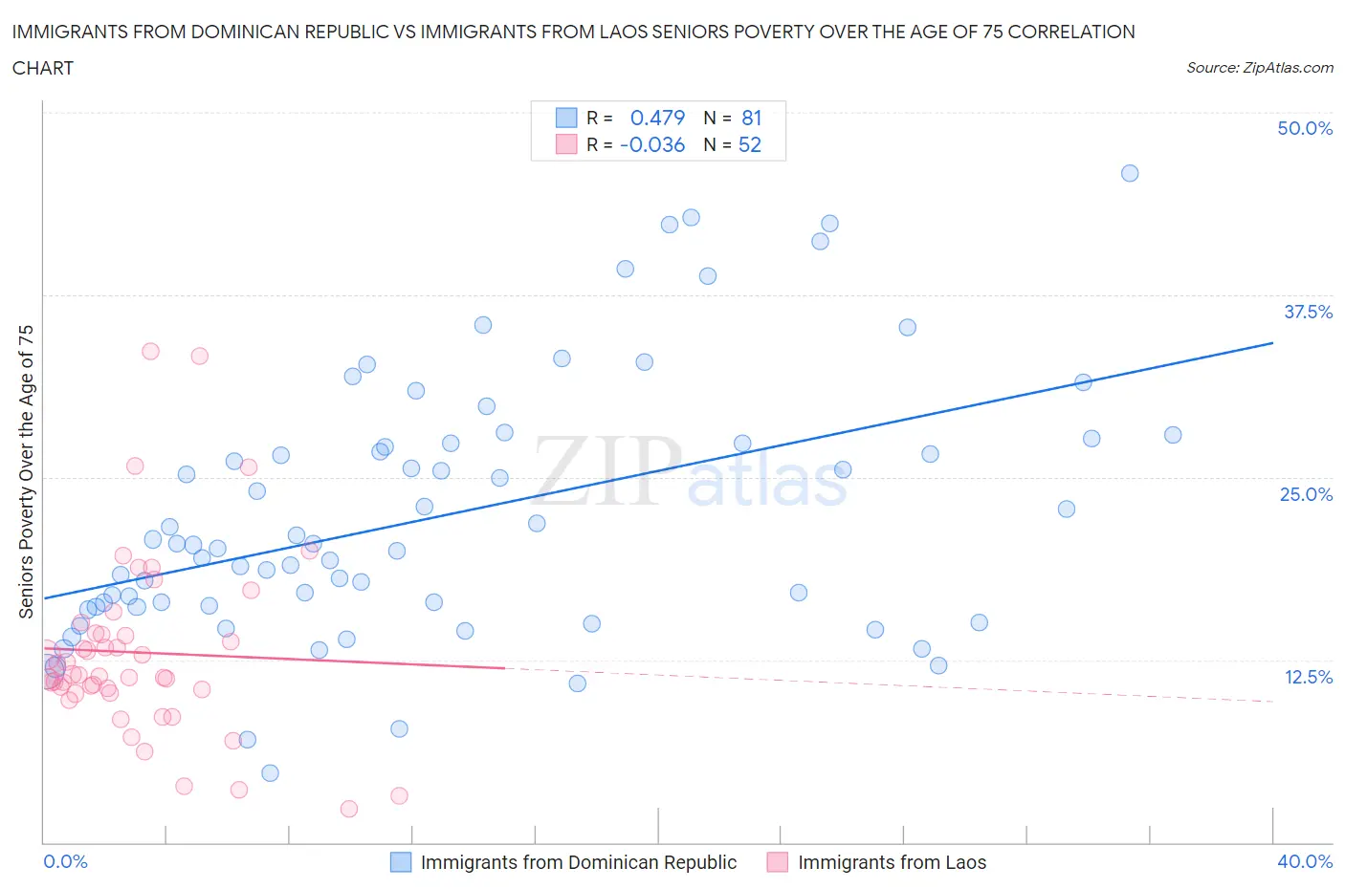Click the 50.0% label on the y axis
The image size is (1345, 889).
[1305, 128]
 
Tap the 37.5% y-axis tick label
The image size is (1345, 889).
[1308, 312]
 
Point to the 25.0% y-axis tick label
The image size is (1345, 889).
[1306, 494]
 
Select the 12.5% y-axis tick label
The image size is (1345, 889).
[1308, 677]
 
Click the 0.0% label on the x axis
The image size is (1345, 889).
[65, 861]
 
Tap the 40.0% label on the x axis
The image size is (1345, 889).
[1305, 861]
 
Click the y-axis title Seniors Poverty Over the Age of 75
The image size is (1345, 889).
[26, 471]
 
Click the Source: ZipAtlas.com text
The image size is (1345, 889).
[1259, 68]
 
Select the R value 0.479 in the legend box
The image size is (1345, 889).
[657, 118]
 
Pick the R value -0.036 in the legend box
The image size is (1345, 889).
[652, 144]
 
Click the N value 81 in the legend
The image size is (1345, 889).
[751, 118]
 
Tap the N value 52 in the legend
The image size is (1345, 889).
[750, 144]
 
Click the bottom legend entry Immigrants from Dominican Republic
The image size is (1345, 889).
[578, 862]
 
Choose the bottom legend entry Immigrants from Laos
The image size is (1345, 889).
[891, 862]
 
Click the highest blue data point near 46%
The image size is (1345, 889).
[1130, 173]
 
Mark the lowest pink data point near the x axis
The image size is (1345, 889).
[349, 809]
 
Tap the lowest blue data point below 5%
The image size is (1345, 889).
[270, 772]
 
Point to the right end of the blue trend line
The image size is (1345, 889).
[1272, 342]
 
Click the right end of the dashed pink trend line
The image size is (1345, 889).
[1272, 702]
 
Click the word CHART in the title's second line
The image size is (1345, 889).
[43, 68]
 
